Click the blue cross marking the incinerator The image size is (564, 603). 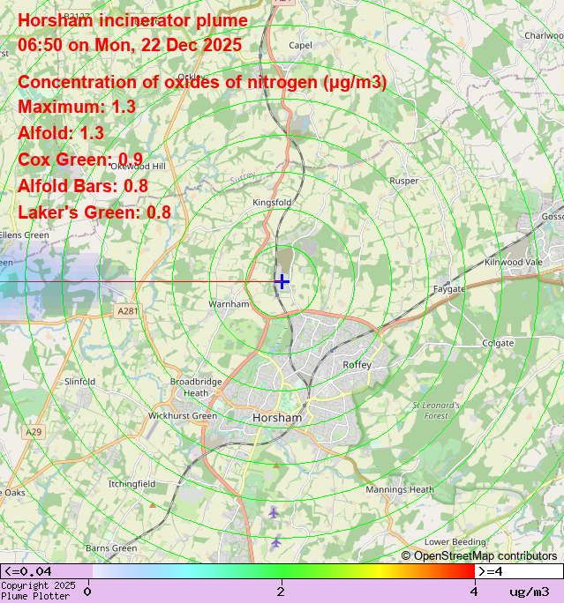click(x=282, y=281)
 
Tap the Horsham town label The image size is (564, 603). click(x=277, y=418)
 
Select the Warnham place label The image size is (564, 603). click(x=229, y=304)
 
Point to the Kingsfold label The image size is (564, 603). click(x=272, y=203)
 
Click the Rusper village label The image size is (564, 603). click(x=404, y=182)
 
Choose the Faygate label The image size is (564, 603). click(x=448, y=289)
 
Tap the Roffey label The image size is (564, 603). click(x=357, y=364)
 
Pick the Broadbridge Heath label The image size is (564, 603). click(x=196, y=387)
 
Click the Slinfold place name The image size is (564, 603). click(x=79, y=382)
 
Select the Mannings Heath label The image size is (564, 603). click(x=400, y=489)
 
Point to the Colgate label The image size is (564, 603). click(x=498, y=343)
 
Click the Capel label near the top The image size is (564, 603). click(x=300, y=45)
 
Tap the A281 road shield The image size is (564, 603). click(x=128, y=311)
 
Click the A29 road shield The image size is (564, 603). click(x=34, y=431)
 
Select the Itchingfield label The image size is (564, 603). click(x=132, y=484)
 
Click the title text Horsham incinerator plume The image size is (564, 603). click(x=132, y=21)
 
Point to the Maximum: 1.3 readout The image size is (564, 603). click(x=77, y=107)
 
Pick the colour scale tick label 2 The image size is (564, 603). click(x=281, y=591)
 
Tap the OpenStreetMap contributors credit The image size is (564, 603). click(x=479, y=555)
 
